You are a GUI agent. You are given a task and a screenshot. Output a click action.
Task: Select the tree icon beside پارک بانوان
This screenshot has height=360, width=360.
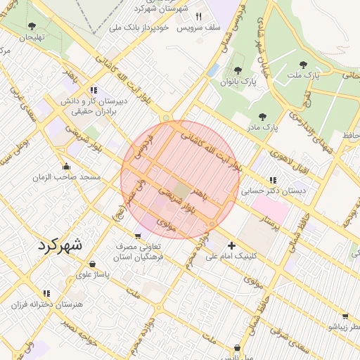238,71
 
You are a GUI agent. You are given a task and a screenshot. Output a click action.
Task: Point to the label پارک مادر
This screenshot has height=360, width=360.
262,128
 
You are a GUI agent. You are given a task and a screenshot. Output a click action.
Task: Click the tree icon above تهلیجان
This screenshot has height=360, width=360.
31,26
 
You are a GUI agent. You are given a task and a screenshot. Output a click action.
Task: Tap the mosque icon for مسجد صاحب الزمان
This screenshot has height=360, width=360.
66,167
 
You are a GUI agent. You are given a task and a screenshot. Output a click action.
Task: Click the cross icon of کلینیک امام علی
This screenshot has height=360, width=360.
231,245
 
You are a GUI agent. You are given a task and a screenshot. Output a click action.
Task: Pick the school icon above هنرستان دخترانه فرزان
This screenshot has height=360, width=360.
46,293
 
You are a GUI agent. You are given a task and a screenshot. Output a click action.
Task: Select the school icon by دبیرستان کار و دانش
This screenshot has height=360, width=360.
94,90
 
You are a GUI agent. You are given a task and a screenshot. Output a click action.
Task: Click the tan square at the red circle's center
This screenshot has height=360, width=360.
181,191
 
